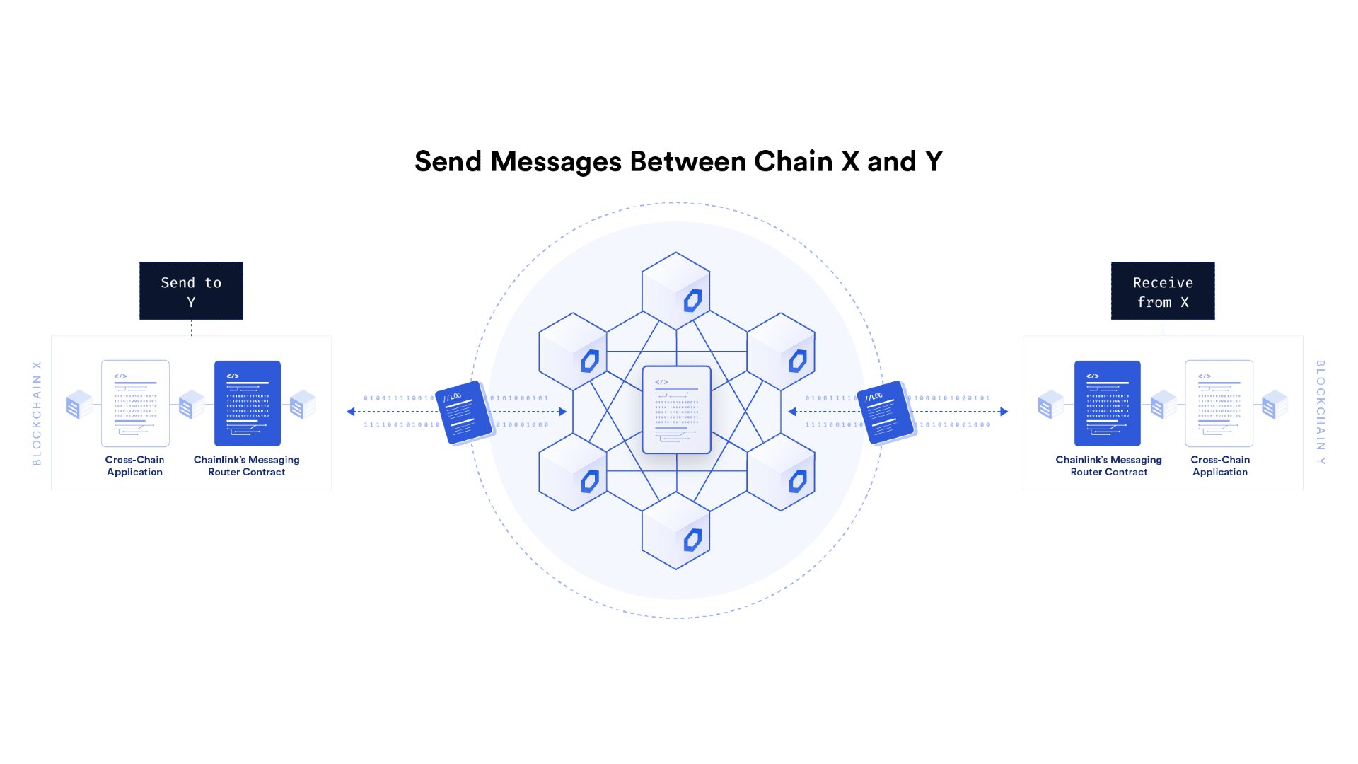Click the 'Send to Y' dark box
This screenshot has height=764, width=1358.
click(191, 291)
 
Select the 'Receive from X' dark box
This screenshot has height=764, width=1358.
click(1163, 291)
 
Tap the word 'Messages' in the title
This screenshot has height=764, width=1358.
click(556, 162)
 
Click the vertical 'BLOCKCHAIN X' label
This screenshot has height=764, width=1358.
click(37, 413)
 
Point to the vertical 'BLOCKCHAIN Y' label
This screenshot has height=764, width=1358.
click(1320, 412)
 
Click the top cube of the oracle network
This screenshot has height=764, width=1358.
click(676, 290)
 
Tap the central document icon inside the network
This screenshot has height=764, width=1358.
click(676, 410)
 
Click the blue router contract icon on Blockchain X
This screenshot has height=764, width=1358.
click(247, 403)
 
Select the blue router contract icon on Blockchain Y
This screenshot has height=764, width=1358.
click(1107, 403)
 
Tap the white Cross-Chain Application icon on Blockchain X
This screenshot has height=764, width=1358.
click(135, 403)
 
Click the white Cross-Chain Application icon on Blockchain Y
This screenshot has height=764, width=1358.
click(1219, 403)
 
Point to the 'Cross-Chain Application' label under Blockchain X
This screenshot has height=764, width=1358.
click(134, 465)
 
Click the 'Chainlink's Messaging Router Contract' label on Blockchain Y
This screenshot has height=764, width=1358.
click(1108, 465)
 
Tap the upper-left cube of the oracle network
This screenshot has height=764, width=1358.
click(572, 351)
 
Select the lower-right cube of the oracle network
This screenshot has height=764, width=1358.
click(781, 472)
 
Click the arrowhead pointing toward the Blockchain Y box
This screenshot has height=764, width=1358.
click(1004, 412)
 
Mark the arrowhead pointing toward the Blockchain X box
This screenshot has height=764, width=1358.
click(351, 412)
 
